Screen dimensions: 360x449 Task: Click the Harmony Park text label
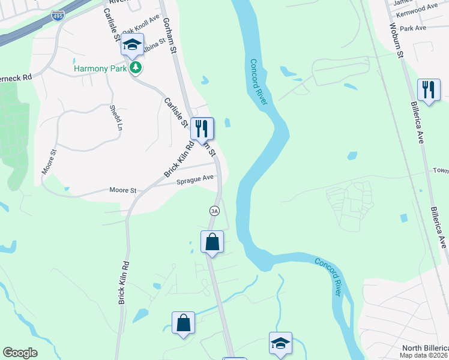click(100, 68)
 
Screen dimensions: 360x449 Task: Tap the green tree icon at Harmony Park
click(137, 68)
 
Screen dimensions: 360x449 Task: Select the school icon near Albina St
click(132, 45)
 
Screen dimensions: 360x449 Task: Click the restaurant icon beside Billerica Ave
click(428, 89)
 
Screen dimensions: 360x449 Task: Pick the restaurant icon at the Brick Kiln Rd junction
click(202, 127)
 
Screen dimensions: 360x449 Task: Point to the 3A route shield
click(214, 211)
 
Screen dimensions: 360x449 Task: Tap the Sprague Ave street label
click(195, 179)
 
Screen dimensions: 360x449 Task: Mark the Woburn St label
click(394, 40)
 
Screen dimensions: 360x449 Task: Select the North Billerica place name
click(424, 349)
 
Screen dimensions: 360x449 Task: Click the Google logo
click(20, 353)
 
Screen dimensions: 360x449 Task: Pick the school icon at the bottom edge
click(280, 343)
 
